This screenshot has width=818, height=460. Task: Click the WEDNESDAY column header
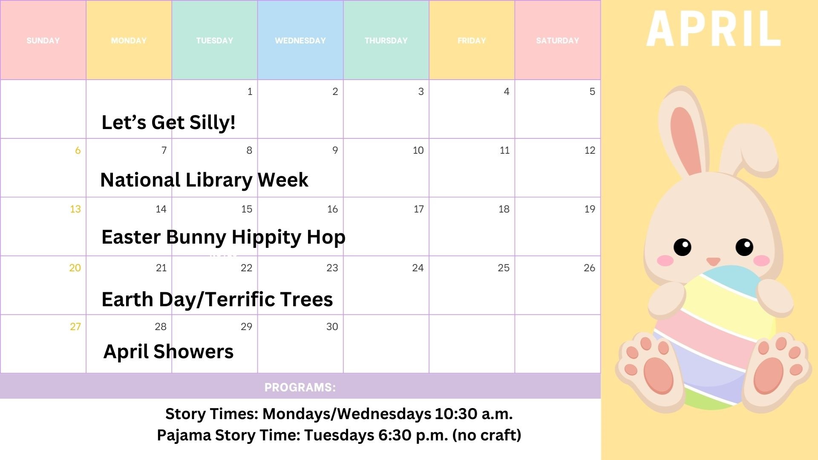point(300,40)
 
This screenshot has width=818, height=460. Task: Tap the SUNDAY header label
point(43,40)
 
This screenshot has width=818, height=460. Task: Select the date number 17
point(419,209)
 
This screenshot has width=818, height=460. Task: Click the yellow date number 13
point(75,209)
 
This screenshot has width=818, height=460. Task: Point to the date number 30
point(332,327)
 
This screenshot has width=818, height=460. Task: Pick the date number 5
point(592,92)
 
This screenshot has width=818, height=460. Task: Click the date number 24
point(418,268)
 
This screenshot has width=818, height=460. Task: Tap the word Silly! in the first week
point(213,123)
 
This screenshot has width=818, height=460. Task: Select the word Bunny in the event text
point(196,238)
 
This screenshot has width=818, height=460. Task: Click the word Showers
point(193,352)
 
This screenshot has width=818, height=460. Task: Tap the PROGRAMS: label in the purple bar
point(300,387)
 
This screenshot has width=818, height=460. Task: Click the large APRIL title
point(714,29)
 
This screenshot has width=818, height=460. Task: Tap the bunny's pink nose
point(713,261)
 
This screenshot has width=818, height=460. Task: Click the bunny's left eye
point(683,247)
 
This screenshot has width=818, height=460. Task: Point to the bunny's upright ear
point(684,132)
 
